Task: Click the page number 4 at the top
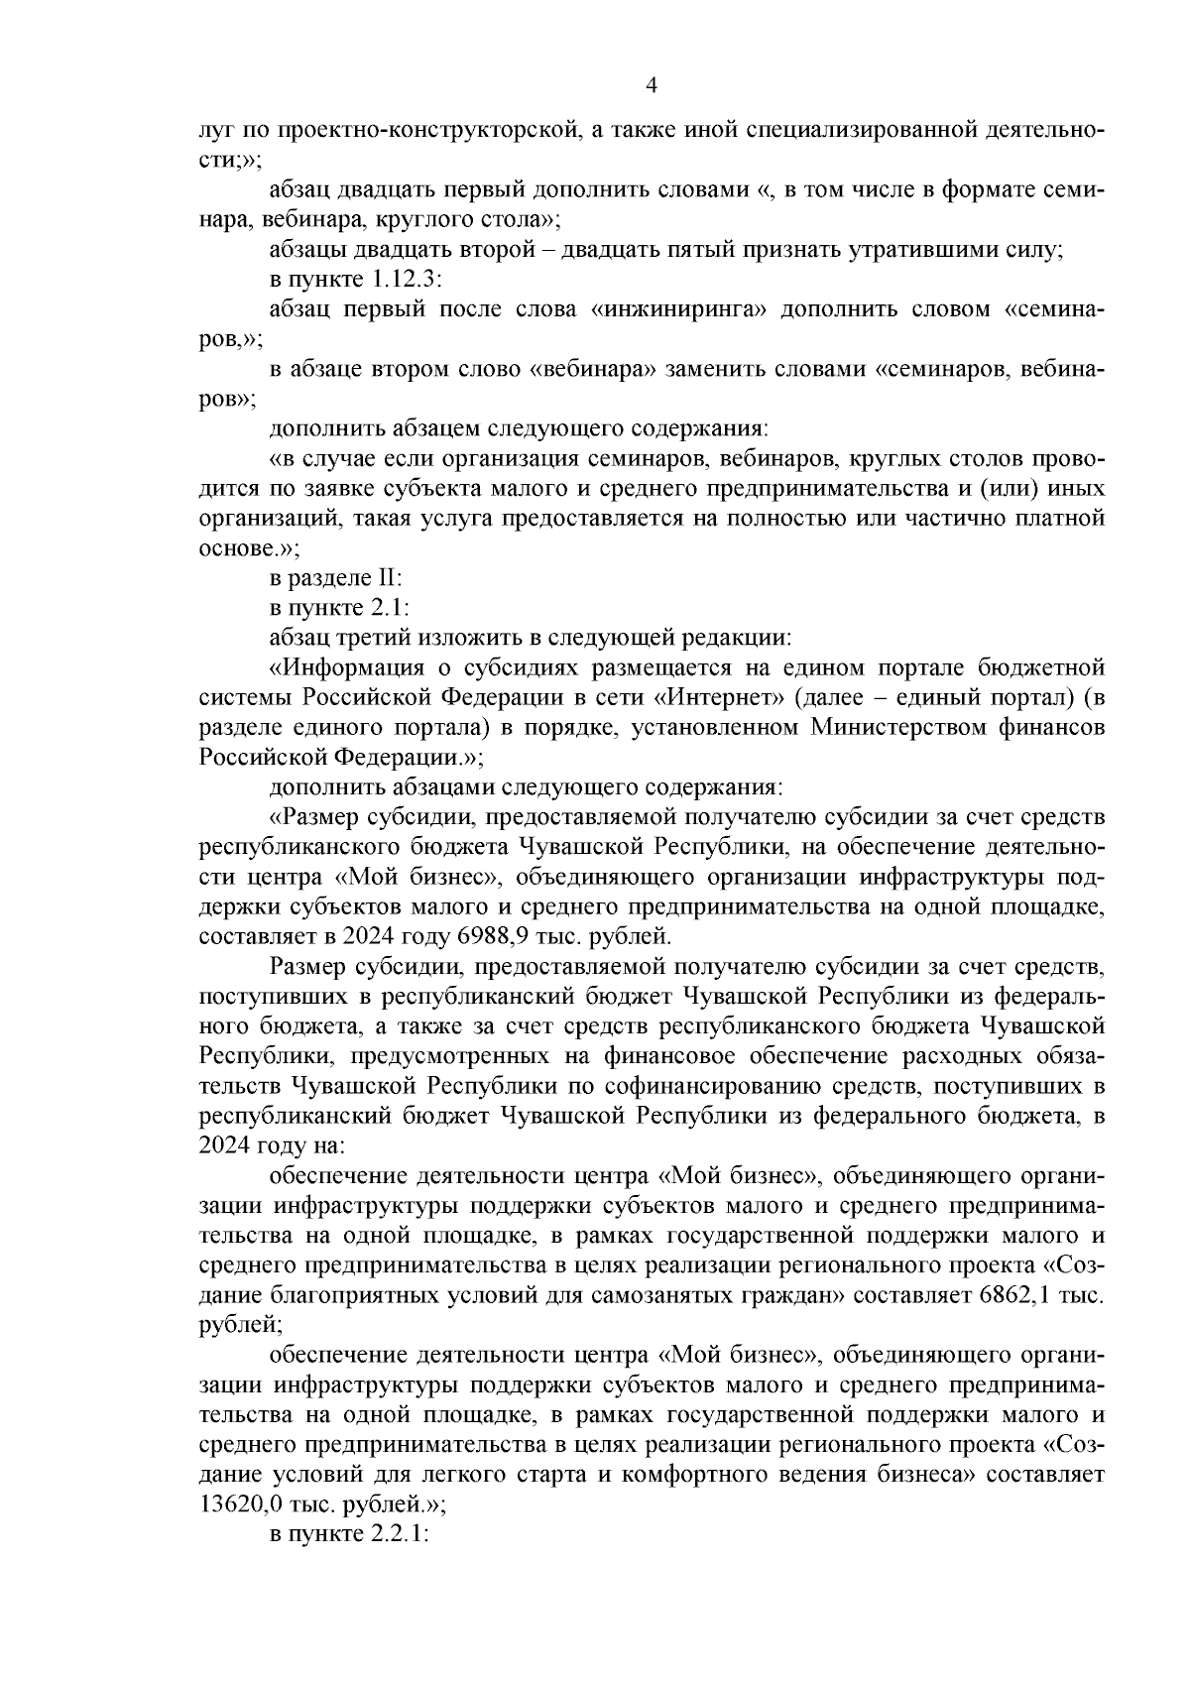click(652, 85)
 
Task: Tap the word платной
click(1064, 518)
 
